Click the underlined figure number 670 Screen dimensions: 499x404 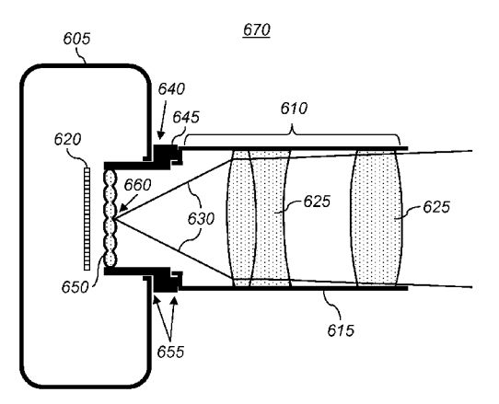pos(257,30)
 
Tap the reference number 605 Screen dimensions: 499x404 pos(76,39)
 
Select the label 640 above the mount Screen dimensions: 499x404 pos(171,89)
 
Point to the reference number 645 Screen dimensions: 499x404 pos(186,117)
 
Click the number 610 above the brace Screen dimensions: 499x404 pos(294,109)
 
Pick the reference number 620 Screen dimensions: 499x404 pos(67,139)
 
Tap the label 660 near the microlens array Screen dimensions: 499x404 pos(137,185)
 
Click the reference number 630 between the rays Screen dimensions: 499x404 pos(201,219)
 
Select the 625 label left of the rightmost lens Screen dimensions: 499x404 pos(317,202)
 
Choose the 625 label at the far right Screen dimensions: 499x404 pos(436,207)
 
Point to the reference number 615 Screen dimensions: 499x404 pos(341,330)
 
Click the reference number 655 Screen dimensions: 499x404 pos(170,352)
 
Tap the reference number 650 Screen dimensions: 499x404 pos(75,287)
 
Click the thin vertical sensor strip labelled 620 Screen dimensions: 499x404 pos(87,219)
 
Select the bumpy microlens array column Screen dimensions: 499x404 pos(110,218)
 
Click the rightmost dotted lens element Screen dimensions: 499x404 pos(377,218)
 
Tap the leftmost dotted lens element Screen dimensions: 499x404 pos(241,218)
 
